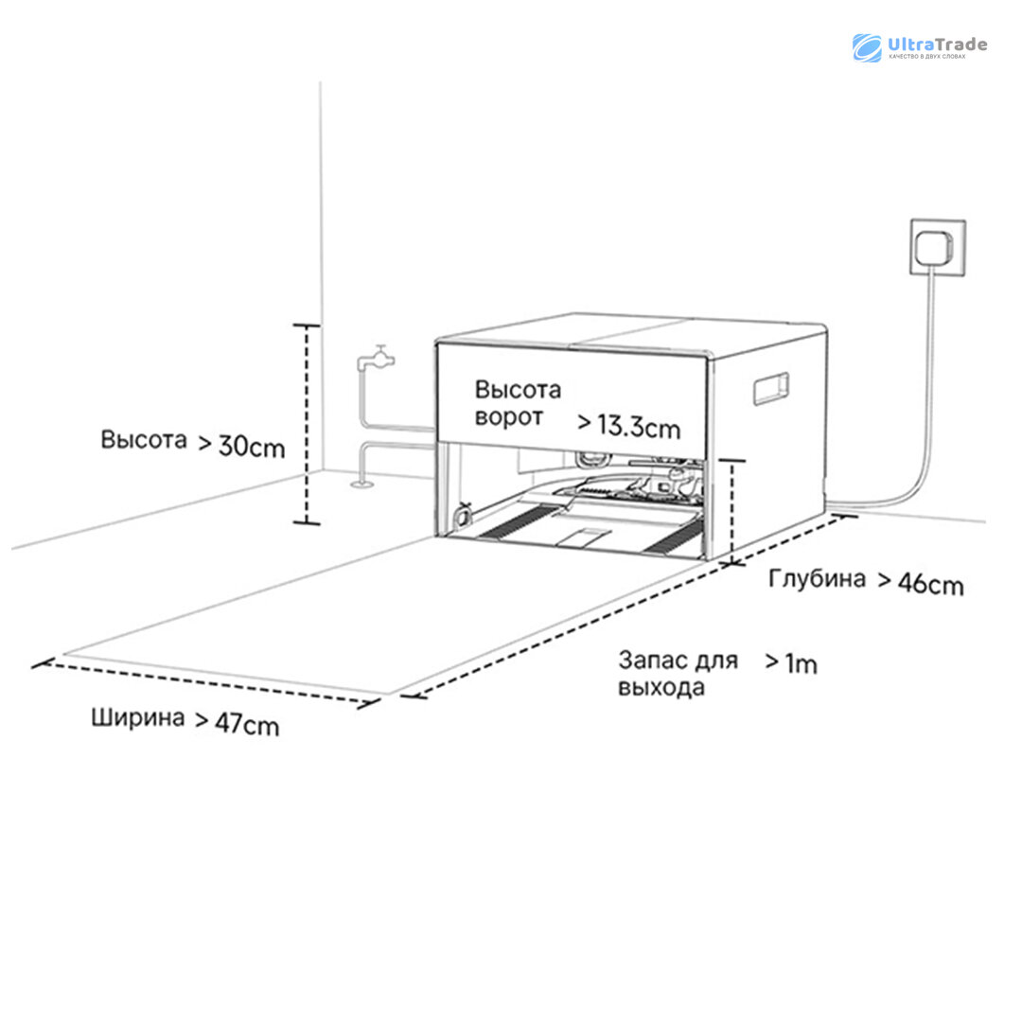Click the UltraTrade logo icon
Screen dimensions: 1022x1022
pyautogui.click(x=867, y=47)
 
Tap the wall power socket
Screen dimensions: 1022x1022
pyautogui.click(x=938, y=247)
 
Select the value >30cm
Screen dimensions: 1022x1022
pyautogui.click(x=241, y=445)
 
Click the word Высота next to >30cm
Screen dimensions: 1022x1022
pyautogui.click(x=144, y=440)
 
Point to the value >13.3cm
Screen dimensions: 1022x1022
pyautogui.click(x=627, y=426)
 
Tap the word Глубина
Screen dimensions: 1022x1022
pyautogui.click(x=816, y=578)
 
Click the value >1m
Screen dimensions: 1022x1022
pyautogui.click(x=791, y=663)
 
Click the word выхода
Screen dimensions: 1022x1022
pyautogui.click(x=661, y=688)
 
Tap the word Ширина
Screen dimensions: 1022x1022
pyautogui.click(x=138, y=717)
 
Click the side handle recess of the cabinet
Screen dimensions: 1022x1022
pyautogui.click(x=769, y=388)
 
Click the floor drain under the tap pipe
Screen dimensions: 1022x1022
pyautogui.click(x=361, y=485)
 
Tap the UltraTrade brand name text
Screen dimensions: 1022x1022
pyautogui.click(x=936, y=44)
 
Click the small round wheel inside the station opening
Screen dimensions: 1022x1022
pyautogui.click(x=463, y=515)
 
